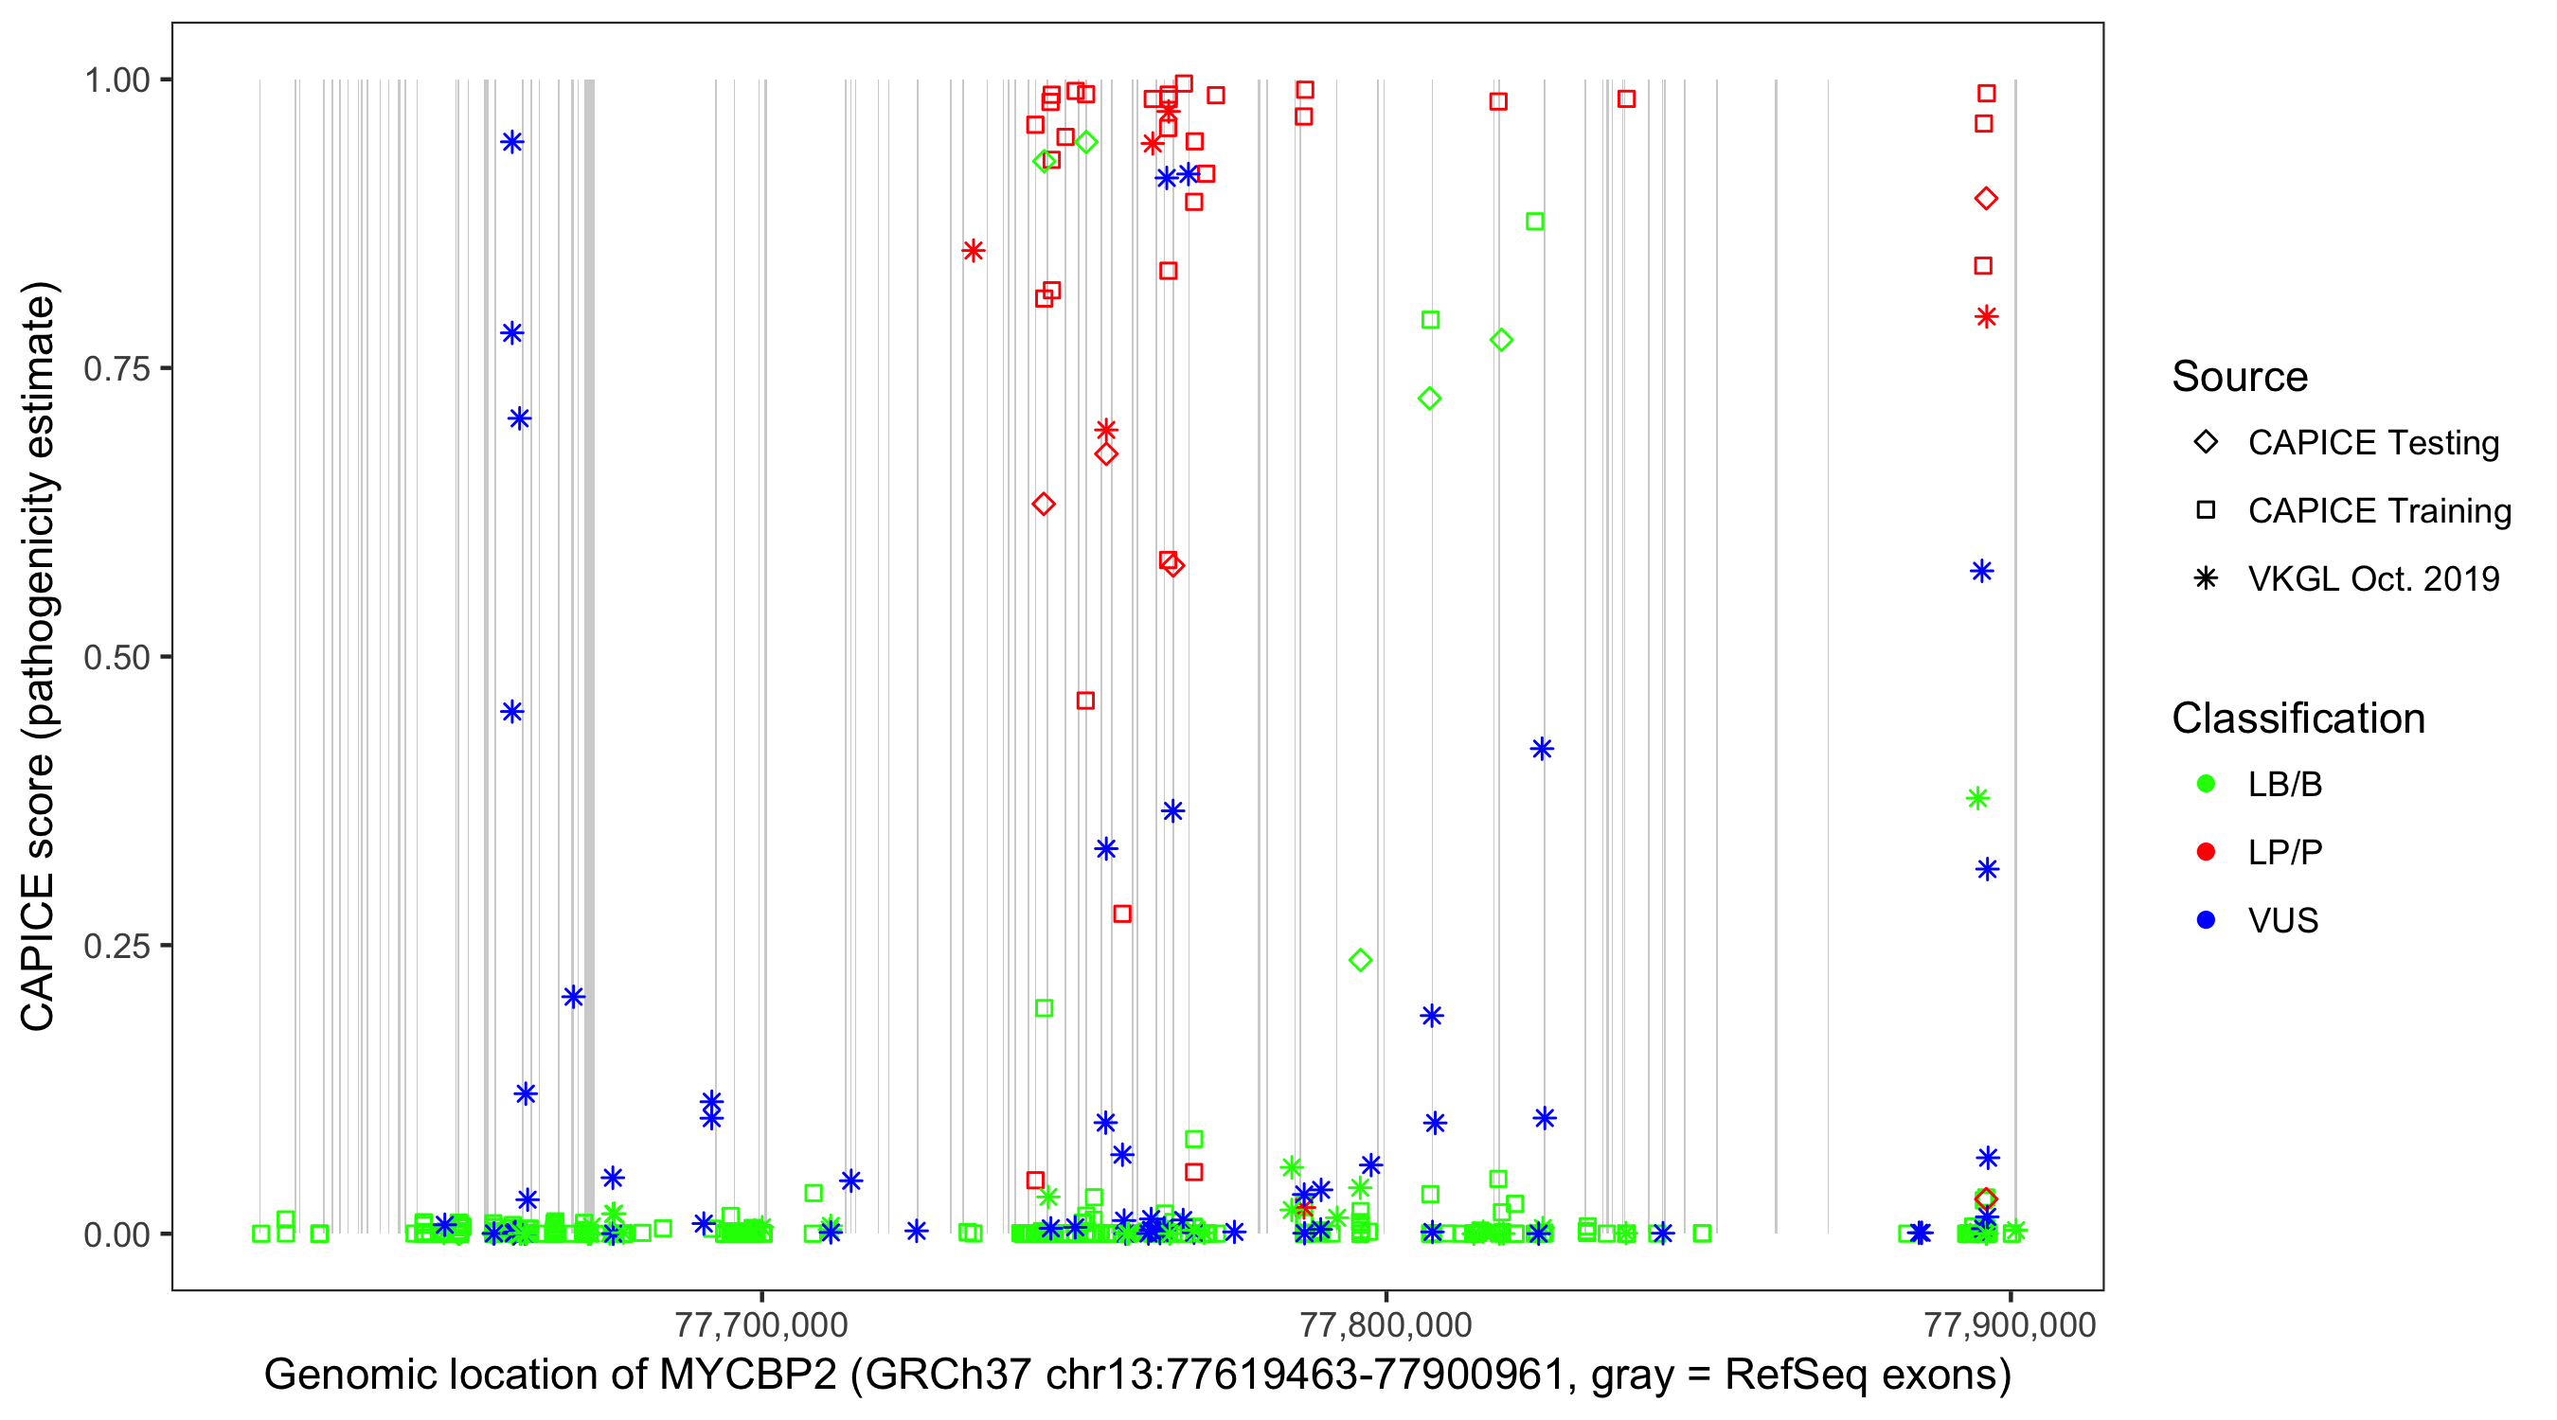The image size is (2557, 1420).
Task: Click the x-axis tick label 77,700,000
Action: pyautogui.click(x=761, y=1324)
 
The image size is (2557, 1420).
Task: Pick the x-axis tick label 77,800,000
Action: pyautogui.click(x=1386, y=1324)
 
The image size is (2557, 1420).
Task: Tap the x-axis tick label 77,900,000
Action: pyautogui.click(x=2010, y=1324)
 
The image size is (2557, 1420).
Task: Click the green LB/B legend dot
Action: pyautogui.click(x=2206, y=784)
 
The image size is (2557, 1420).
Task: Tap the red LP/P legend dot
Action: pyautogui.click(x=2206, y=852)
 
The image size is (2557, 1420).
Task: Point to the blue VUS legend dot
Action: pyautogui.click(x=2206, y=920)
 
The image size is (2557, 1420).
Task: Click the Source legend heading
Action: pyautogui.click(x=2240, y=377)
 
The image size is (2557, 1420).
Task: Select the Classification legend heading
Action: pyautogui.click(x=2298, y=719)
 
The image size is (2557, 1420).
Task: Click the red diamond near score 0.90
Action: pyautogui.click(x=1985, y=199)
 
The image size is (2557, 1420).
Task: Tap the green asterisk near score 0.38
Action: pyautogui.click(x=1977, y=798)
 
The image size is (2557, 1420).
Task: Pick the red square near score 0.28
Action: pyautogui.click(x=1121, y=913)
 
